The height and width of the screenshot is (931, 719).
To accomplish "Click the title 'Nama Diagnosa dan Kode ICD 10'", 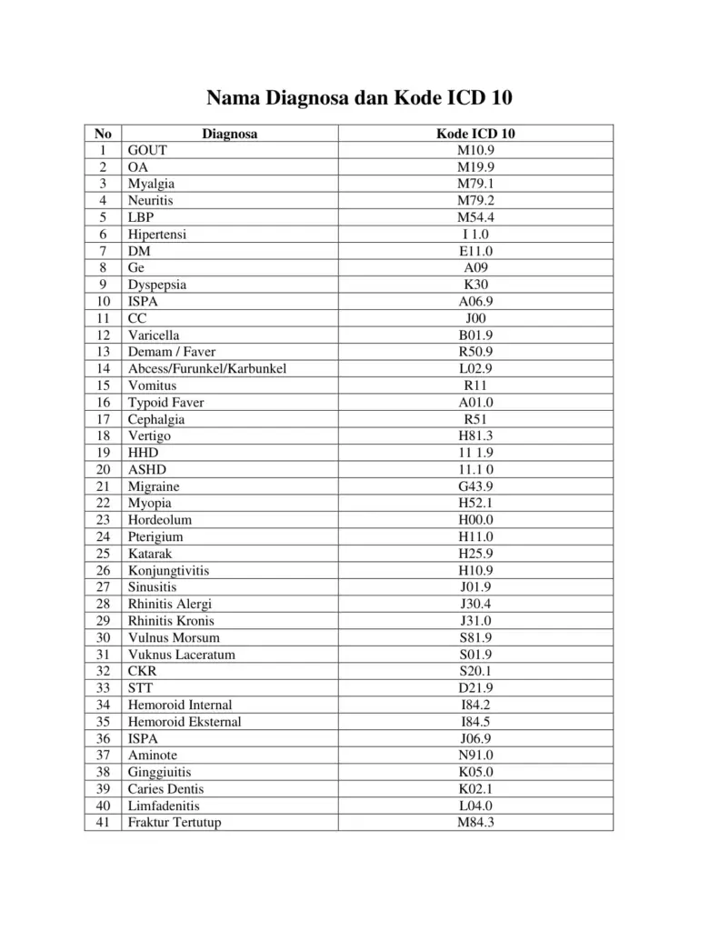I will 359,97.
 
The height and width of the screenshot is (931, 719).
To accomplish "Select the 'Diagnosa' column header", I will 229,134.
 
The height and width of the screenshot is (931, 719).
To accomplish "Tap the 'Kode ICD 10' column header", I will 475,134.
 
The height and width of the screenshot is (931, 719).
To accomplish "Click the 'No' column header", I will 103,134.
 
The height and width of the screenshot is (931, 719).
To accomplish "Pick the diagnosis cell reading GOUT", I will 147,150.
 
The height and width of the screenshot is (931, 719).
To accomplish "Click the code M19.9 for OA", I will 475,167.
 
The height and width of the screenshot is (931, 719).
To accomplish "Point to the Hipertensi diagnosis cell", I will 157,234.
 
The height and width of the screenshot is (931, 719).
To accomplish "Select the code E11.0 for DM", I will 475,251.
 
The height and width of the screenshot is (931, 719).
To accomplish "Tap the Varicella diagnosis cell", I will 154,335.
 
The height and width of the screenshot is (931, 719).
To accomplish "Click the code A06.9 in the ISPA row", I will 475,301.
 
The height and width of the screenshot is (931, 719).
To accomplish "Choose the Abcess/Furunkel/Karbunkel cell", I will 201,368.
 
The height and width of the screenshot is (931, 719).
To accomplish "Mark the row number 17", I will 103,419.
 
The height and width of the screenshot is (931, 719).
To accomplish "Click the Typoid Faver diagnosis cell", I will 165,402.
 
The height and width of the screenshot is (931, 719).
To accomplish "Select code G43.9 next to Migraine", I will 475,486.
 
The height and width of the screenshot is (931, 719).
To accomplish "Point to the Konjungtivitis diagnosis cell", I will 168,570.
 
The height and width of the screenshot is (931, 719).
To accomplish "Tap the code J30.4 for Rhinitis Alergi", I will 475,604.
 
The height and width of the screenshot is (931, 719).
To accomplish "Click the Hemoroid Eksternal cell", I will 185,722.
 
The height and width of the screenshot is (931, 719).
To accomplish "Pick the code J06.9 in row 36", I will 475,738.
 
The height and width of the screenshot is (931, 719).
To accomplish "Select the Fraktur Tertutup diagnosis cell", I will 175,823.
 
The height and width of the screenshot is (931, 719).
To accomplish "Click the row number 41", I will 103,823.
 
